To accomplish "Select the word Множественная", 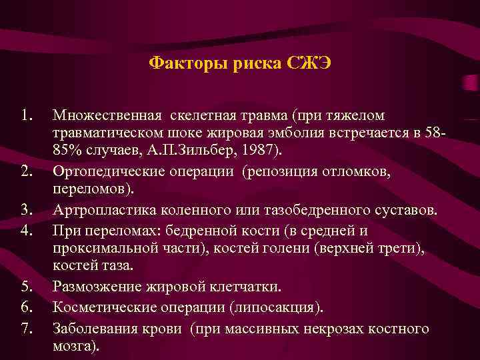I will click(108, 117).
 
